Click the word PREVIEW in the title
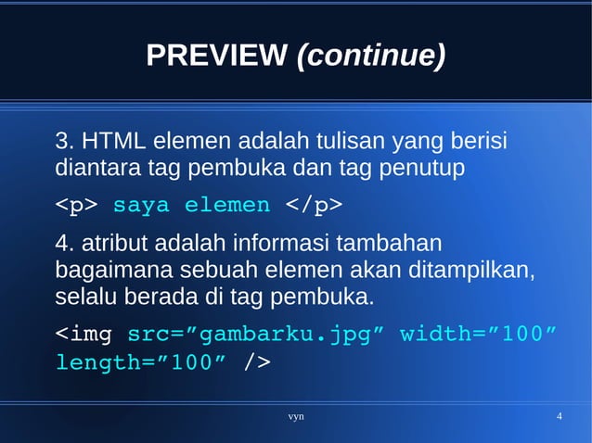pos(215,57)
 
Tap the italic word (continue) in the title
pos(370,57)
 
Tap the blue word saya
pos(142,205)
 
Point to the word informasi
pos(281,246)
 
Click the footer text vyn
pos(296,417)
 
